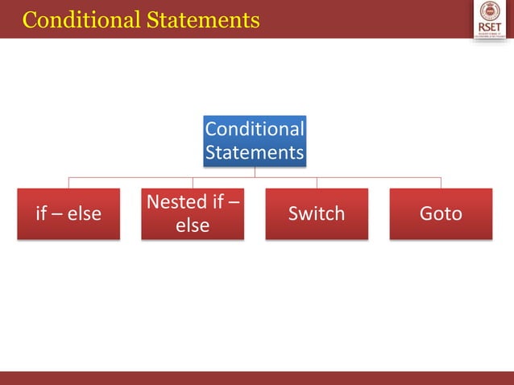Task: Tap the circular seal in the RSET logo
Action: click(490, 11)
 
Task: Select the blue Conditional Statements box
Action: click(255, 141)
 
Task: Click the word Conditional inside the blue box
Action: click(255, 130)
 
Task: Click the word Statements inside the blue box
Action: click(255, 153)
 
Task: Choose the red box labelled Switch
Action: click(317, 213)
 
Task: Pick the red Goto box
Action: click(441, 213)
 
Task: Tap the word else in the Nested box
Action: click(193, 226)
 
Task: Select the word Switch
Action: click(317, 213)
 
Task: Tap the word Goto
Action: click(441, 213)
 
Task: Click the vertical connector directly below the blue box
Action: click(255, 172)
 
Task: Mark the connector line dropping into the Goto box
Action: click(441, 182)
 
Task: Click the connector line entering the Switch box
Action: click(317, 182)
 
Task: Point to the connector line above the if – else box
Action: click(68, 182)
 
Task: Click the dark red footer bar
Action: click(257, 378)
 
